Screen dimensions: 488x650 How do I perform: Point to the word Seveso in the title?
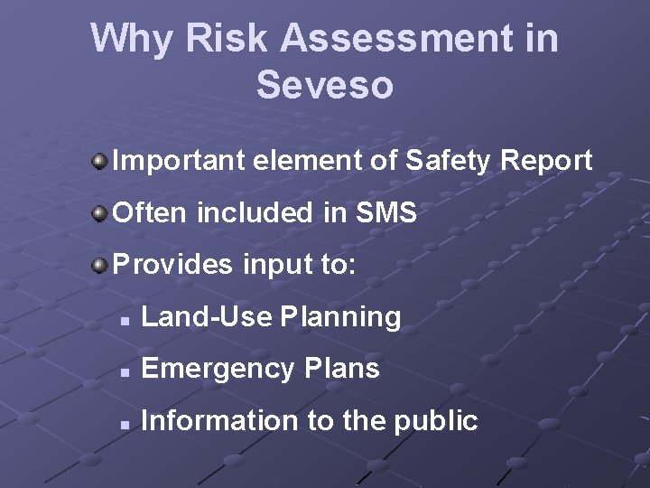(x=324, y=86)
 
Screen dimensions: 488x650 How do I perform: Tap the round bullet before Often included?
(x=98, y=214)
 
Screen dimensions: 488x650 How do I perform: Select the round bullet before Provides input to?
(x=98, y=266)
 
